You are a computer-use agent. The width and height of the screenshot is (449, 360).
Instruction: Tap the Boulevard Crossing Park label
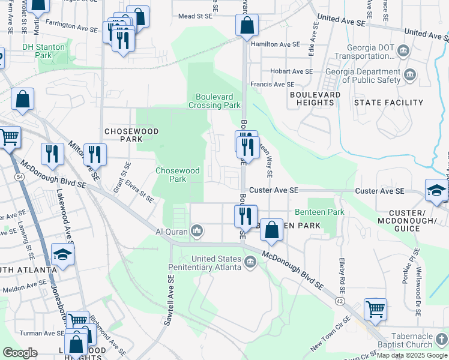point(218,101)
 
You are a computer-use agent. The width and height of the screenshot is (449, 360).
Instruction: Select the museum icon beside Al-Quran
point(197,230)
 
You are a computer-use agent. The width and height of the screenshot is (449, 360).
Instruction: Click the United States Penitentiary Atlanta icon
point(250,262)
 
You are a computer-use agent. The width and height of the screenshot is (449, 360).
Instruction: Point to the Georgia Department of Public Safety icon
point(411,75)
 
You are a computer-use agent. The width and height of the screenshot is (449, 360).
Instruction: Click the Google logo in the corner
point(19,352)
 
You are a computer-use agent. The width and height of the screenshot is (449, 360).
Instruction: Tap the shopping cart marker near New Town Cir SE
point(375,310)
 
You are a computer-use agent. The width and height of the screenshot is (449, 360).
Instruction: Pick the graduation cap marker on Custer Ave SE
point(436,190)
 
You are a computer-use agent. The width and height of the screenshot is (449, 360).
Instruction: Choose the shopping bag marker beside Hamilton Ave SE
point(247,26)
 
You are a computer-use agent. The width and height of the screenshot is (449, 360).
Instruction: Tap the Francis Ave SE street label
point(273,85)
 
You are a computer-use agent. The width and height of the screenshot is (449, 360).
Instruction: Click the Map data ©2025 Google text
point(412,355)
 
